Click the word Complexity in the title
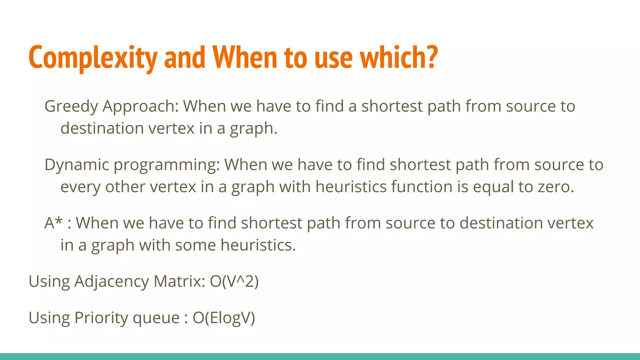coord(93,58)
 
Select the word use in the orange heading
coord(334,58)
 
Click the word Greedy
coord(71,107)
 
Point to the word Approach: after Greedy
coord(141,107)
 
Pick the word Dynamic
coord(77,165)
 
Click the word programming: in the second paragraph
coord(167,165)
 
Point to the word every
coord(80,187)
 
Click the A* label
coord(53,223)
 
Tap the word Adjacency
coord(112,282)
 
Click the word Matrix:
coord(179,281)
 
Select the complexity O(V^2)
coord(234,281)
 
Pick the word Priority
coord(101,318)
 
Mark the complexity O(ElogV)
coord(224,318)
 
